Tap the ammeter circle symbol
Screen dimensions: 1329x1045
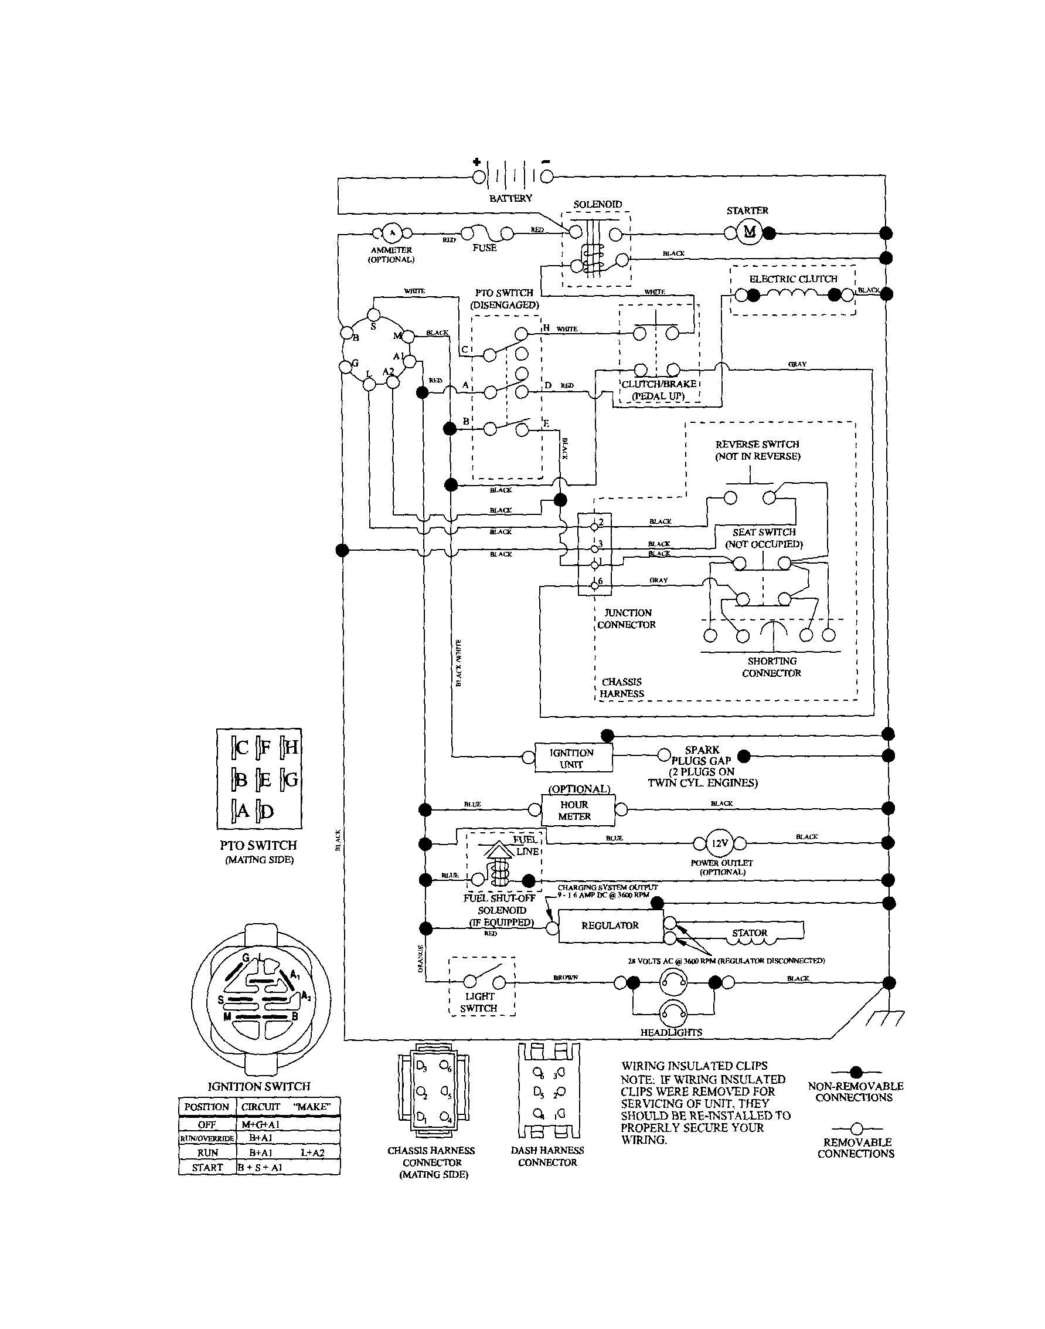pos(392,233)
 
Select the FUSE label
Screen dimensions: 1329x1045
pos(484,248)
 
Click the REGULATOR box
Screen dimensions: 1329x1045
pos(610,925)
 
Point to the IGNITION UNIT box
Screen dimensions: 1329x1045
pos(571,758)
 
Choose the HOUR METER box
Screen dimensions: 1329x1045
pos(574,811)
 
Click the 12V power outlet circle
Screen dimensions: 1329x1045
pos(720,843)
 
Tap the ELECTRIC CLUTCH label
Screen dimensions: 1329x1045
pos(793,279)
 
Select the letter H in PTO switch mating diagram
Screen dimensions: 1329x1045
pos(291,747)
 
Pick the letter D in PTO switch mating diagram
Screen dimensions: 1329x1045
pos(267,812)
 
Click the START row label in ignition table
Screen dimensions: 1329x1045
pos(207,1167)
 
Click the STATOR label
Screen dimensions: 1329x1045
pos(749,933)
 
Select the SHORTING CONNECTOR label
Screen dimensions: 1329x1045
pos(771,667)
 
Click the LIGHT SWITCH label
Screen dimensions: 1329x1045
pos(479,1002)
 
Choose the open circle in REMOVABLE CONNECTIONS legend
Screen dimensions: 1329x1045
pos(856,1128)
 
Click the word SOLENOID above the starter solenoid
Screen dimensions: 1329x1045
pos(597,205)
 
